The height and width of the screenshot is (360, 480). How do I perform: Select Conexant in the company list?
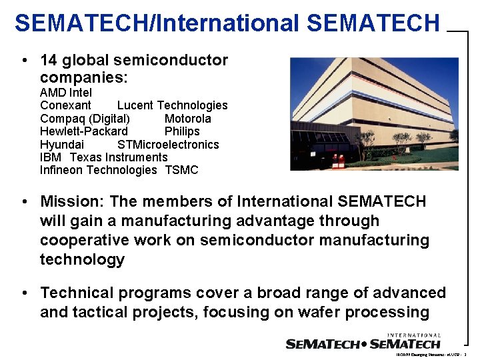click(65, 105)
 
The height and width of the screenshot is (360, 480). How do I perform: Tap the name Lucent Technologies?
click(172, 105)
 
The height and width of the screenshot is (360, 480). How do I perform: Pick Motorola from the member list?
click(187, 119)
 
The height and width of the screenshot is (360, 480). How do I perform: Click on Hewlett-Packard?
click(84, 131)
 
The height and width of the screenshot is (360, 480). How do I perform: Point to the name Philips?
click(182, 131)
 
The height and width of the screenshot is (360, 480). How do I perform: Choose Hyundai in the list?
click(62, 145)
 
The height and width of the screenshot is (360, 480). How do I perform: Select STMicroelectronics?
click(168, 145)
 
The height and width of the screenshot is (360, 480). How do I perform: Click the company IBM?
click(51, 157)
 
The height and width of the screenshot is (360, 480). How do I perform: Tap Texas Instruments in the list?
click(119, 157)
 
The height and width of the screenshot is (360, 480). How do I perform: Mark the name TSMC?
click(181, 170)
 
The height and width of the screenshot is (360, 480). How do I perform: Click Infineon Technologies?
click(98, 170)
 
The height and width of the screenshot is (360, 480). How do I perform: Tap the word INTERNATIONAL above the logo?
click(413, 335)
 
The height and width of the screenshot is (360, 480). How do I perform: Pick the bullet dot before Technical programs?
click(24, 293)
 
